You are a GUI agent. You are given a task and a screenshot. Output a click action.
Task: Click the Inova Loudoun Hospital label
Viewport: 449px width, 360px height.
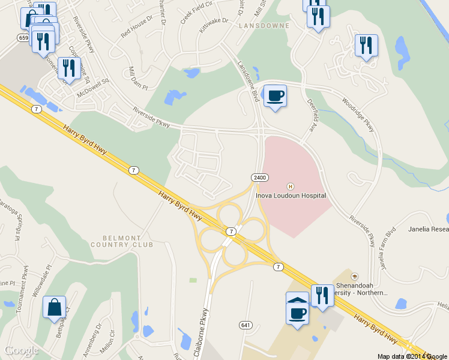(x=291, y=196)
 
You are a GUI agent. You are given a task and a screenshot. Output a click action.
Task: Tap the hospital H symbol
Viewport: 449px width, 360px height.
(x=291, y=186)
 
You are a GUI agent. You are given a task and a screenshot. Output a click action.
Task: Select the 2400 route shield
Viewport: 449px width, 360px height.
(x=259, y=178)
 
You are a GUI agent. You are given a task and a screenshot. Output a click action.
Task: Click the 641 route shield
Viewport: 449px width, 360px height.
(x=245, y=325)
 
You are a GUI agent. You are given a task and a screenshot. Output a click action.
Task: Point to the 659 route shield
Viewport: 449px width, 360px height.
(x=23, y=38)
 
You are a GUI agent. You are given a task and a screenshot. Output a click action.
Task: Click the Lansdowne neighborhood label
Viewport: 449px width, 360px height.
(x=259, y=26)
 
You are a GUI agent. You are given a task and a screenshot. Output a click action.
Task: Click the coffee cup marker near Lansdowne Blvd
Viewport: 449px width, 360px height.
(x=275, y=95)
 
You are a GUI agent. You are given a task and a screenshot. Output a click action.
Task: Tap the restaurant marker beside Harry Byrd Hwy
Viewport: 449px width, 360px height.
(x=322, y=295)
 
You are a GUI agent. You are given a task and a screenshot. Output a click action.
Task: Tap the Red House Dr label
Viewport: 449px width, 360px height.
(x=137, y=28)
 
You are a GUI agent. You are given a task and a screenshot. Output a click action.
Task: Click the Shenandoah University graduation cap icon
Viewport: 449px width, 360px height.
(x=355, y=276)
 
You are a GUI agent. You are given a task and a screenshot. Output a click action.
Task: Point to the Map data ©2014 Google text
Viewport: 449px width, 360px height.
(x=412, y=356)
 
